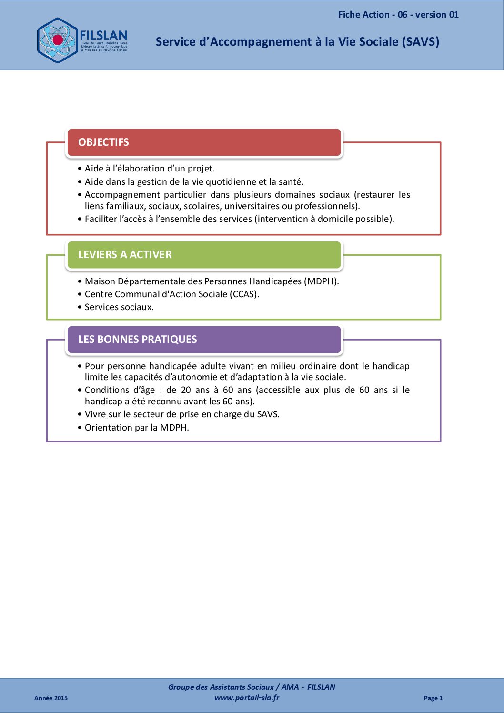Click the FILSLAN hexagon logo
click(x=57, y=40)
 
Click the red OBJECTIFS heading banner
click(x=204, y=142)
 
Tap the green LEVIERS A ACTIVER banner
click(x=204, y=255)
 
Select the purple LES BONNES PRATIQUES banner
click(x=204, y=340)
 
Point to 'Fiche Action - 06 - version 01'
click(x=398, y=15)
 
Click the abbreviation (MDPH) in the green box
click(x=322, y=281)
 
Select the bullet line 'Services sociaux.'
click(x=119, y=307)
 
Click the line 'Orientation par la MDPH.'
click(x=137, y=428)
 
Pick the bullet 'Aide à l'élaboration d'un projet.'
click(x=150, y=169)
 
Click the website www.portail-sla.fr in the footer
click(x=247, y=698)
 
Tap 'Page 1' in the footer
click(x=433, y=698)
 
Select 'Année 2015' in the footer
click(x=51, y=698)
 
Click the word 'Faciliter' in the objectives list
click(x=101, y=219)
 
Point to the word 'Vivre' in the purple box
click(x=95, y=414)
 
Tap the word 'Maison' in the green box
click(x=100, y=281)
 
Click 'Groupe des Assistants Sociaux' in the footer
click(x=221, y=687)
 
